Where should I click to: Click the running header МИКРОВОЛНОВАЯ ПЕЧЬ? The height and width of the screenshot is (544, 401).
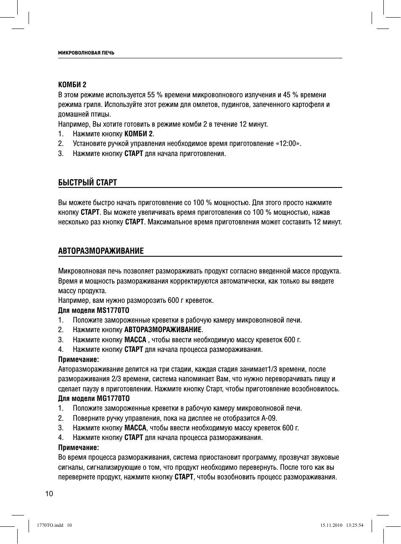point(86,53)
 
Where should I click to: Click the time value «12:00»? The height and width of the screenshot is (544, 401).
point(288,143)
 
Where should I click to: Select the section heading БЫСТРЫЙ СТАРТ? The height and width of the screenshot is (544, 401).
point(87,182)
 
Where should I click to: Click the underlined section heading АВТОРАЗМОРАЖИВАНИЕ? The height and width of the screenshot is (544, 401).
point(101,251)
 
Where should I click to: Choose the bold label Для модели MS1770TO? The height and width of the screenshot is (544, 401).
point(93,310)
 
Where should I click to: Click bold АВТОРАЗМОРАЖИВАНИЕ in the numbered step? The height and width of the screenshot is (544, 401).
point(163,330)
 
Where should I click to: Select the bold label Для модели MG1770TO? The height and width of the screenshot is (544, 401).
point(94,398)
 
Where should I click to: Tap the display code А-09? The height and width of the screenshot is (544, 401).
point(269,418)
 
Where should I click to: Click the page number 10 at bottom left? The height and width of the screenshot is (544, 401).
point(50,494)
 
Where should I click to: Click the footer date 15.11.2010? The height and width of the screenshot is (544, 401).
point(331,525)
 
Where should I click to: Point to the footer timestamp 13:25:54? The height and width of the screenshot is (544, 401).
point(354,525)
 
